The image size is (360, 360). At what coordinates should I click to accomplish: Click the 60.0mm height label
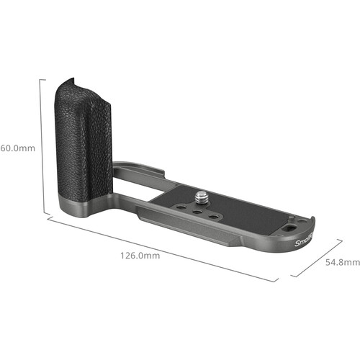pyautogui.click(x=16, y=149)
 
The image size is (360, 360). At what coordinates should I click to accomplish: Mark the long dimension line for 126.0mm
pyautogui.click(x=162, y=248)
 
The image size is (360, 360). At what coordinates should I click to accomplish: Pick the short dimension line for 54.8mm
pyautogui.click(x=317, y=259)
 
